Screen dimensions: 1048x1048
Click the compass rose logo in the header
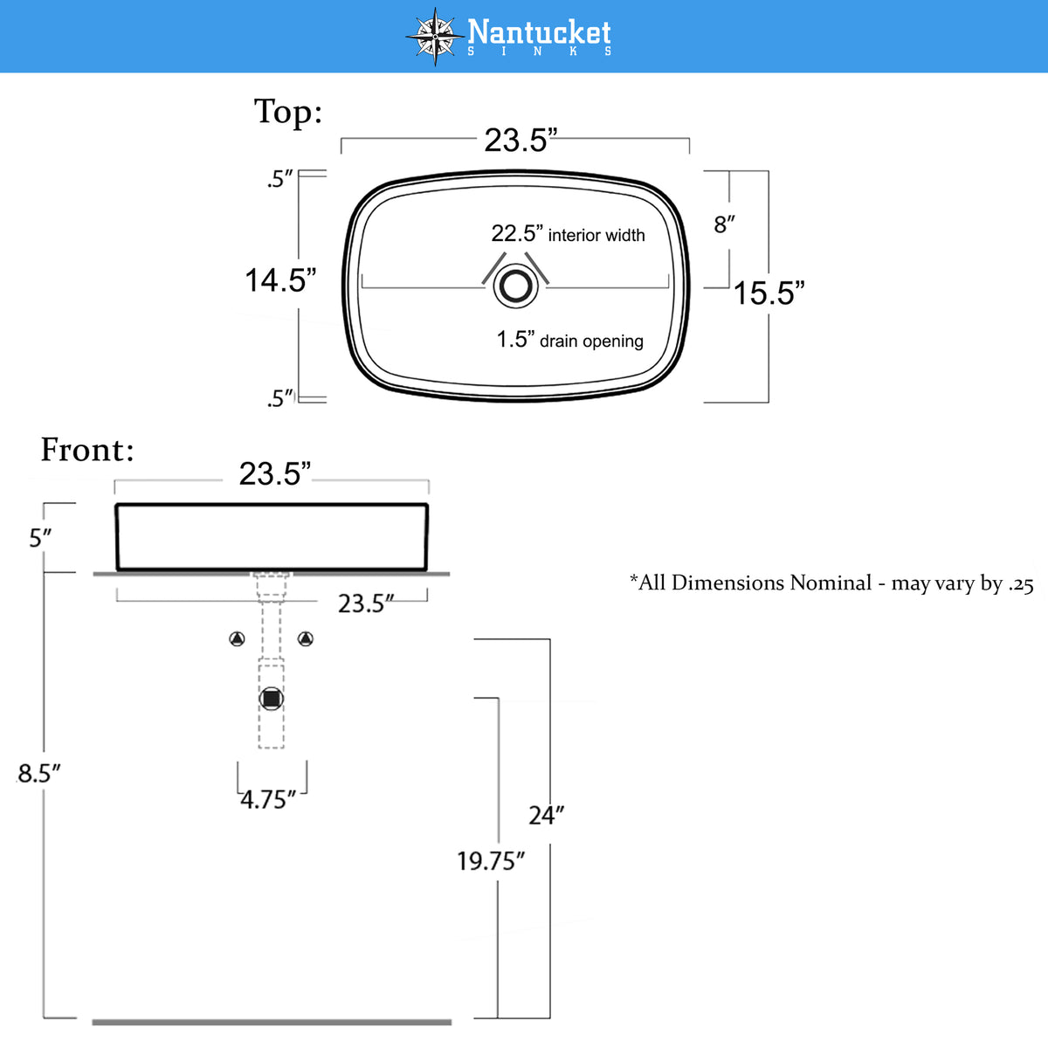(x=435, y=37)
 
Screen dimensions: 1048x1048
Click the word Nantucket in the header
(x=539, y=32)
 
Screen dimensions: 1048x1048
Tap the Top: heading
(x=288, y=112)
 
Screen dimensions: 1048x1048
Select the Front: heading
(x=87, y=451)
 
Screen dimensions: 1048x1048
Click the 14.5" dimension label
(x=280, y=280)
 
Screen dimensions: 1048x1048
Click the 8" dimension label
(x=724, y=224)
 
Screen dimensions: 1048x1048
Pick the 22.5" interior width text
(x=569, y=234)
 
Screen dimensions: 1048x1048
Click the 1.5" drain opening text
(x=570, y=340)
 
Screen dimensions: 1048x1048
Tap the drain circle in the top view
(x=515, y=286)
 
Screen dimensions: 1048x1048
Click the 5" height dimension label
(x=40, y=539)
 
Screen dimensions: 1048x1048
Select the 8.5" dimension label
(x=38, y=774)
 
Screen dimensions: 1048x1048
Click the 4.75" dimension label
(x=268, y=800)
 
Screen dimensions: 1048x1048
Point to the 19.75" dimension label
(x=491, y=861)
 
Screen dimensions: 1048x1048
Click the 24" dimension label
(x=547, y=816)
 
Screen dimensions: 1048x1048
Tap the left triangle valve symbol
(x=238, y=638)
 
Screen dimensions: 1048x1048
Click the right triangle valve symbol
(x=306, y=638)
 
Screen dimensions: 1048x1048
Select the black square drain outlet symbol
(x=272, y=699)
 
